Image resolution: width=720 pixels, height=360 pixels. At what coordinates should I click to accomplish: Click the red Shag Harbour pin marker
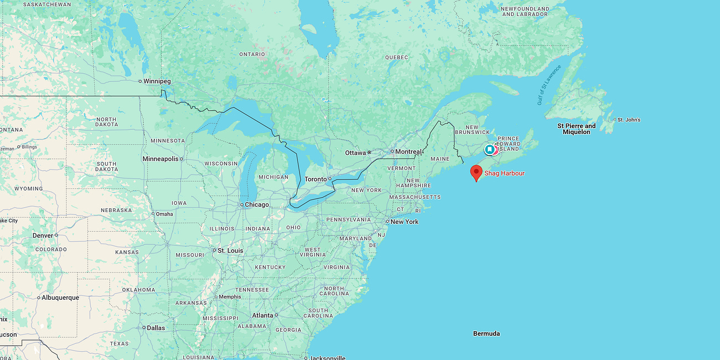pos(476,172)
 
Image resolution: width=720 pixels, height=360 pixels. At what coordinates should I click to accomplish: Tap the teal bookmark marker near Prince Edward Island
pos(490,150)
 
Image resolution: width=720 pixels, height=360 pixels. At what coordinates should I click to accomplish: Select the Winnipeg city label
pos(157,81)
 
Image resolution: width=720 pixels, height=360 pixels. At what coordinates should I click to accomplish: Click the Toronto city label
pos(316,179)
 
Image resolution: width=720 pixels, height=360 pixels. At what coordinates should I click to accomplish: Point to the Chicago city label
pos(257,205)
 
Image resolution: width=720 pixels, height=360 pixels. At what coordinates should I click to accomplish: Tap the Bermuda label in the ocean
pos(486,333)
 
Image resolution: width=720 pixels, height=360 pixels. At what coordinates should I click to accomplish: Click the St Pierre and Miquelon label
pos(577,129)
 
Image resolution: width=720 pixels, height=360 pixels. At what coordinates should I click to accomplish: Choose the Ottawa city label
pos(355,152)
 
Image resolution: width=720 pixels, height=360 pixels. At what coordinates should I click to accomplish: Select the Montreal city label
pos(408,152)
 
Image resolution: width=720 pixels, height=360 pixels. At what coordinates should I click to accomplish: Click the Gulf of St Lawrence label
pos(548,85)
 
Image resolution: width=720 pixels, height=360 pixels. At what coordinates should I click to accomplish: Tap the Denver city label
pos(43,235)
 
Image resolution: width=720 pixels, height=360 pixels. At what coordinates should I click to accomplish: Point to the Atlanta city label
pos(263,315)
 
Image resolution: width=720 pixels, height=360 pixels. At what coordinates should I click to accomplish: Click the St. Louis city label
pos(230,250)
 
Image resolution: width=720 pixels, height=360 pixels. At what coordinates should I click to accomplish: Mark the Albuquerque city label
pos(60,297)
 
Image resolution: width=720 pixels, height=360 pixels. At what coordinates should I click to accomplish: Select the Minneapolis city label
pos(161,159)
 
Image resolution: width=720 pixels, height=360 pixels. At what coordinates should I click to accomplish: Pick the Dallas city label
pos(156,328)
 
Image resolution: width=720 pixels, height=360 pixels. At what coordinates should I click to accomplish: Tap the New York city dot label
pos(404,222)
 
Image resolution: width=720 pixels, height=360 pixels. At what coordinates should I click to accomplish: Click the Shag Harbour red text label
pos(504,173)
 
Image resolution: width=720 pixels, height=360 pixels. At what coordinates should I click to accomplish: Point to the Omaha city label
pos(164,214)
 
